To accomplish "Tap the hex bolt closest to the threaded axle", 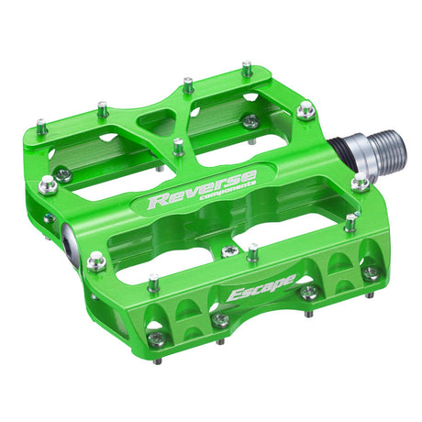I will tap(361, 183).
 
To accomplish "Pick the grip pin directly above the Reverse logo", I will tap(179, 146).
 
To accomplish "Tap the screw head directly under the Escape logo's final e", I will tap(309, 293).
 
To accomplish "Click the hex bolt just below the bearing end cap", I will tap(95, 262).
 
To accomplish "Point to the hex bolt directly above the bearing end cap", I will tap(49, 184).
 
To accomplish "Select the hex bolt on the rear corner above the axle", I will tap(305, 110).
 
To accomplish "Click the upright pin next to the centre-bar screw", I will tap(251, 251).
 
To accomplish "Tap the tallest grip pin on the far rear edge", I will tap(247, 69).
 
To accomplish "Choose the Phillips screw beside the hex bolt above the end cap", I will tap(62, 172).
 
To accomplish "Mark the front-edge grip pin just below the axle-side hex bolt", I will tap(350, 221).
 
